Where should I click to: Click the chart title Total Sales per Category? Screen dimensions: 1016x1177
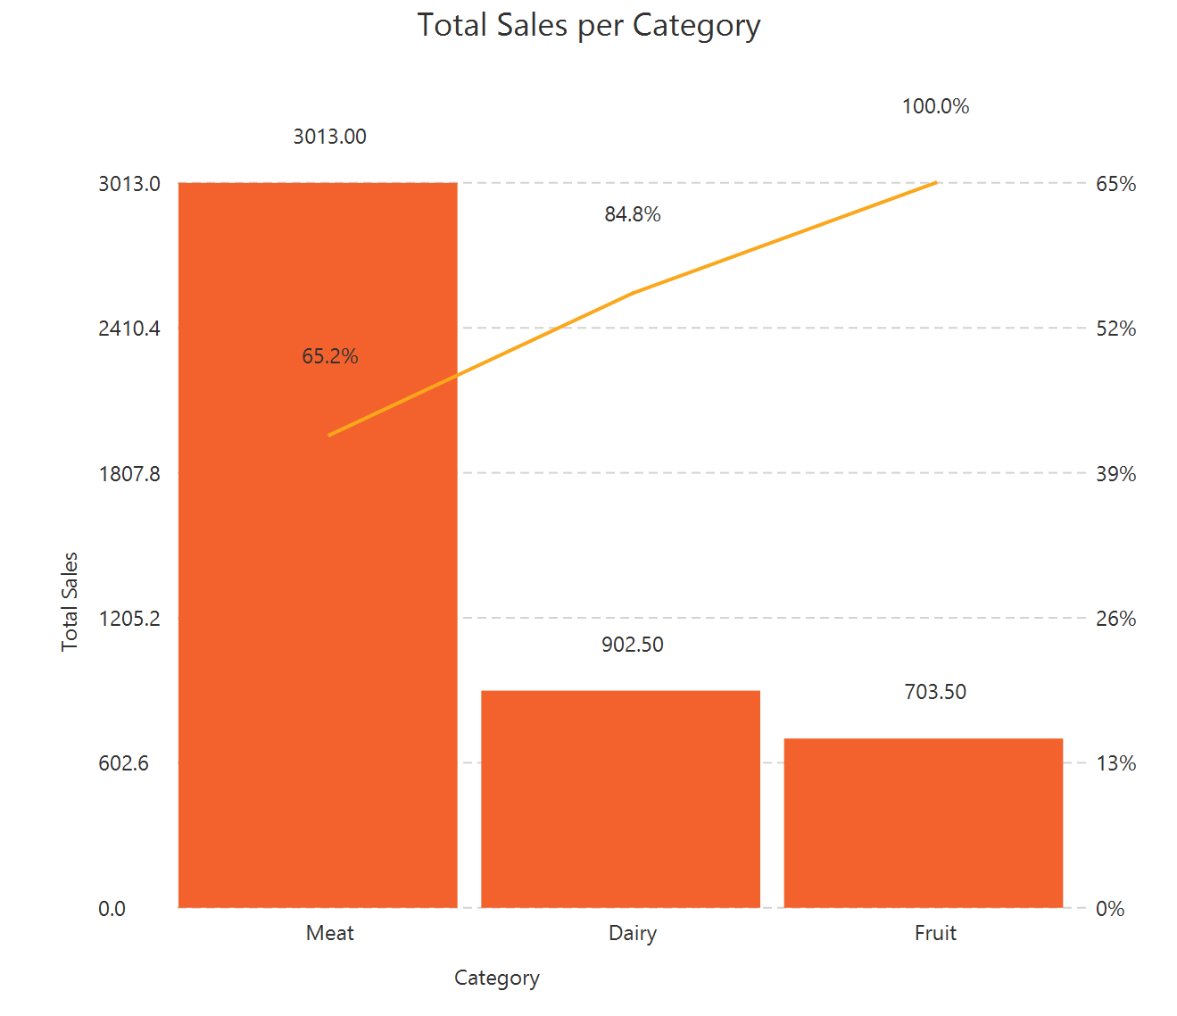click(588, 25)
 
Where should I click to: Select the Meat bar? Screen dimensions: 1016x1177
click(318, 625)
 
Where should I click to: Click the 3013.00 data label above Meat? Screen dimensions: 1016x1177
click(329, 137)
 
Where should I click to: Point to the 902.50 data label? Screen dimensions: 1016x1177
click(632, 645)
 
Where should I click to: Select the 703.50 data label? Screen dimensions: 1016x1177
click(935, 692)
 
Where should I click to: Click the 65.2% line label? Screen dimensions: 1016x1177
click(329, 356)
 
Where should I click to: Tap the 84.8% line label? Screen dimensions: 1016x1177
click(632, 214)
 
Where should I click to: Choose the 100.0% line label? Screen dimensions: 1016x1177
click(935, 106)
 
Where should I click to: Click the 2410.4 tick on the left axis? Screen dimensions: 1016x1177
click(129, 329)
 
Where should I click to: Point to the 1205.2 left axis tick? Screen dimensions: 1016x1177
click(129, 619)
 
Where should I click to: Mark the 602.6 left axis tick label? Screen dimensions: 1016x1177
click(124, 763)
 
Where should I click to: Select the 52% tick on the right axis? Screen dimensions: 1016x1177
click(1115, 329)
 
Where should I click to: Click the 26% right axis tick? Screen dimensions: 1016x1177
click(1115, 619)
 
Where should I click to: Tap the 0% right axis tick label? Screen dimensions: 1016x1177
click(1110, 909)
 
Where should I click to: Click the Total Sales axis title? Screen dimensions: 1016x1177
click(70, 601)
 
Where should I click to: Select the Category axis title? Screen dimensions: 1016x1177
click(496, 978)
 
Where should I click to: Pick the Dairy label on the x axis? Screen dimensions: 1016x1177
click(632, 933)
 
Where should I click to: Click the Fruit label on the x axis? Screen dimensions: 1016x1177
click(935, 933)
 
